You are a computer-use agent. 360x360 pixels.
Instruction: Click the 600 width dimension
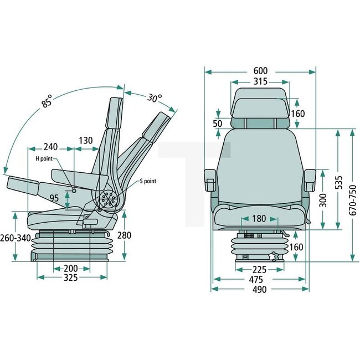[260, 71]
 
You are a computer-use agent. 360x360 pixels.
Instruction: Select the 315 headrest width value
[260, 81]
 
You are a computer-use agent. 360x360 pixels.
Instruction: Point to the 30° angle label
[155, 99]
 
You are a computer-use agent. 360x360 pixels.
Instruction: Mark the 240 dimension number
[50, 147]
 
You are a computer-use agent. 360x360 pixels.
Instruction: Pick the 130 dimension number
[85, 141]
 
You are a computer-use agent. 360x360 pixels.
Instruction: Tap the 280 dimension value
[125, 235]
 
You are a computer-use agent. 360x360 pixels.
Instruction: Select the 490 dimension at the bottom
[259, 290]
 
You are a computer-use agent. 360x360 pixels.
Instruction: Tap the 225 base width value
[259, 270]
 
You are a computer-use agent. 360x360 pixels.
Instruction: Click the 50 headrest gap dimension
[218, 123]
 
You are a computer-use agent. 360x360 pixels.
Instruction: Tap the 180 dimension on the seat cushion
[259, 218]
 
